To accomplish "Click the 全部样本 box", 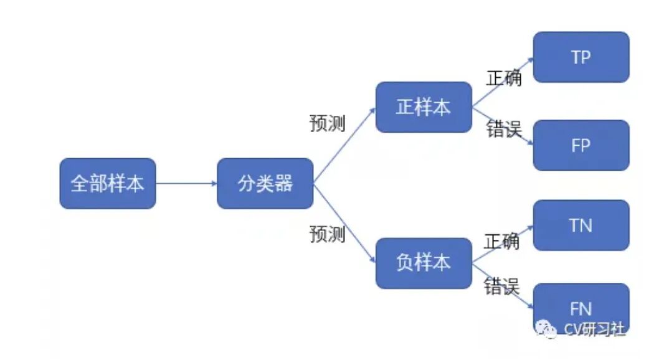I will click(107, 184).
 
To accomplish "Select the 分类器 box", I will click(265, 184).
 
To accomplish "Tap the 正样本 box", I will click(424, 107).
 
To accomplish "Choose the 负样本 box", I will click(424, 263).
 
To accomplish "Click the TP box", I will click(581, 57).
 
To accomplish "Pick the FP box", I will click(581, 145).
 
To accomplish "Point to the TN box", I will click(581, 225).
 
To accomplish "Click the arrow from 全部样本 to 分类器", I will click(186, 184).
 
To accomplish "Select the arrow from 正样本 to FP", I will click(503, 126).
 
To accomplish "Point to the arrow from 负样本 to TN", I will click(503, 244).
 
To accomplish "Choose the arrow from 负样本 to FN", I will click(503, 286).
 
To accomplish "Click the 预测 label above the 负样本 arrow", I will click(327, 234).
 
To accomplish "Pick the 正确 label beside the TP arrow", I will click(503, 78).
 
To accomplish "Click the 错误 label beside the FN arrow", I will click(501, 287).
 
